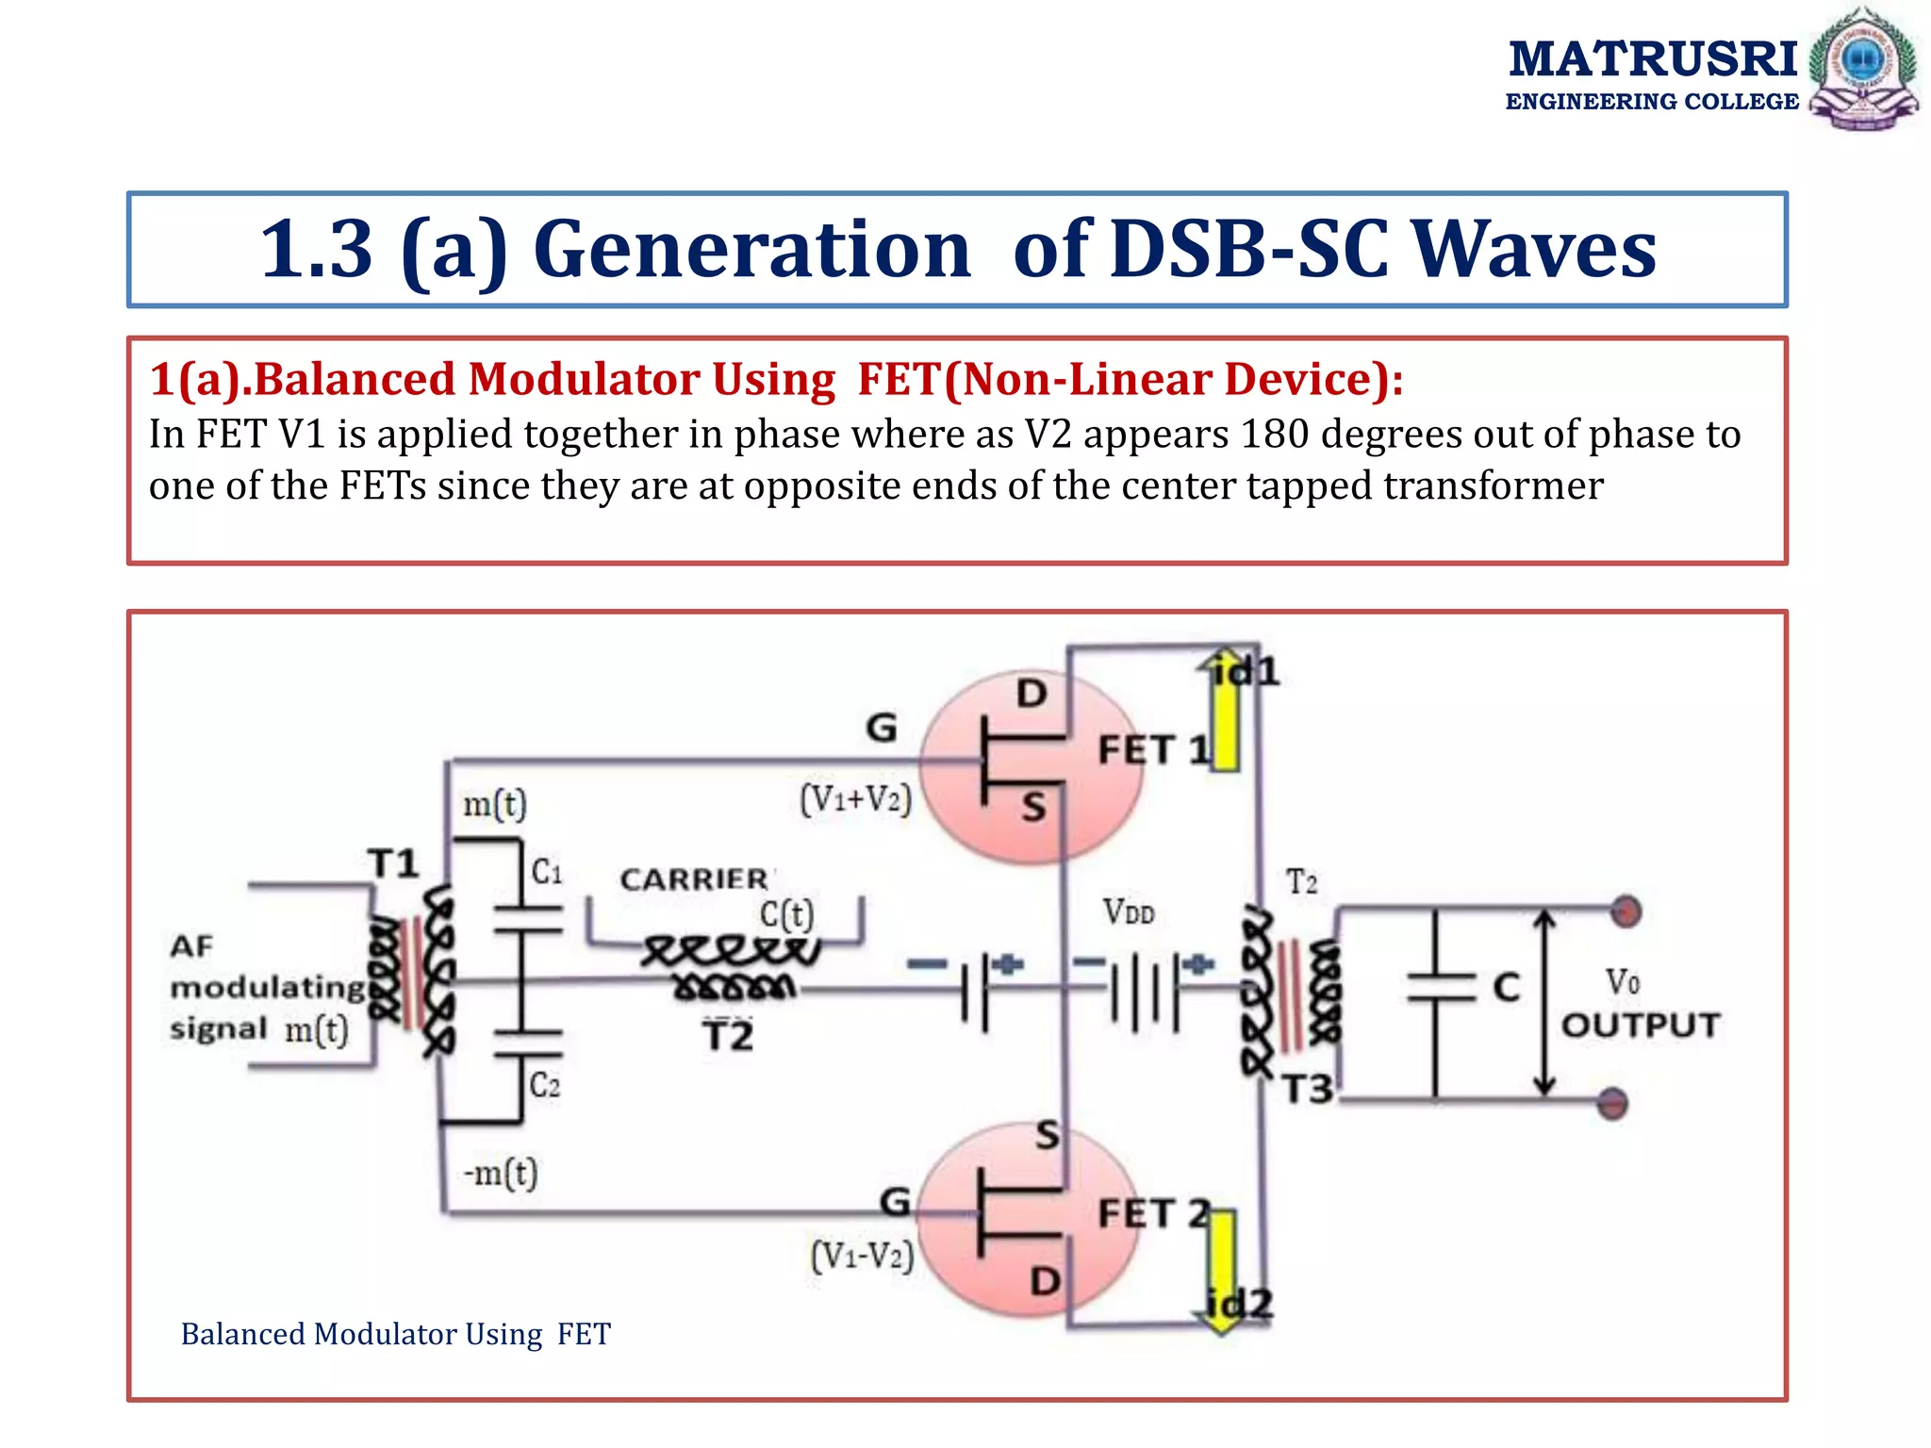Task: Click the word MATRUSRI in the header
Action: (x=1653, y=59)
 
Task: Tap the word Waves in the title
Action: (x=1535, y=249)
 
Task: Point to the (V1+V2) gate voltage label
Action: (x=856, y=799)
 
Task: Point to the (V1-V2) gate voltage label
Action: (x=862, y=1256)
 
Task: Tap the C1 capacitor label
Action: (x=547, y=871)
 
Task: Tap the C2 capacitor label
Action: (x=545, y=1085)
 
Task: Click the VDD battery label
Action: (x=1129, y=912)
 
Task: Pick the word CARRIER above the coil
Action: (x=694, y=880)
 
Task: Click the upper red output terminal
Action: (x=1626, y=912)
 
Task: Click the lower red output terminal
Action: (x=1613, y=1102)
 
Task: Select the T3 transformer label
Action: (x=1307, y=1090)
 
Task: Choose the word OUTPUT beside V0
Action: (x=1641, y=1025)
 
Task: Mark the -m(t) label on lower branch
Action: (x=501, y=1174)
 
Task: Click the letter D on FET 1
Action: (x=1032, y=694)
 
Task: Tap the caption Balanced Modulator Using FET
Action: (x=396, y=1334)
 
